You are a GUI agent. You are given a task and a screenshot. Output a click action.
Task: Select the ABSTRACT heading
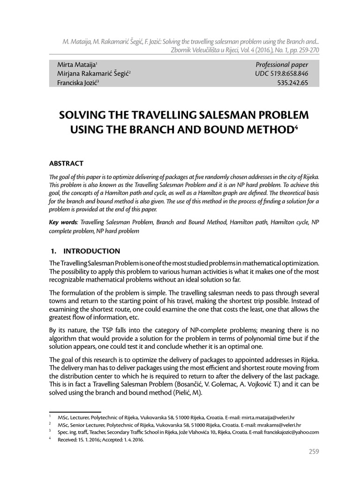pos(66,163)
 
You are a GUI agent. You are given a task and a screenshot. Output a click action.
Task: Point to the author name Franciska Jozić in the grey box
pos(76,82)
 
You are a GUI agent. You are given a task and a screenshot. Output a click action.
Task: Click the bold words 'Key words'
pos(63,223)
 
